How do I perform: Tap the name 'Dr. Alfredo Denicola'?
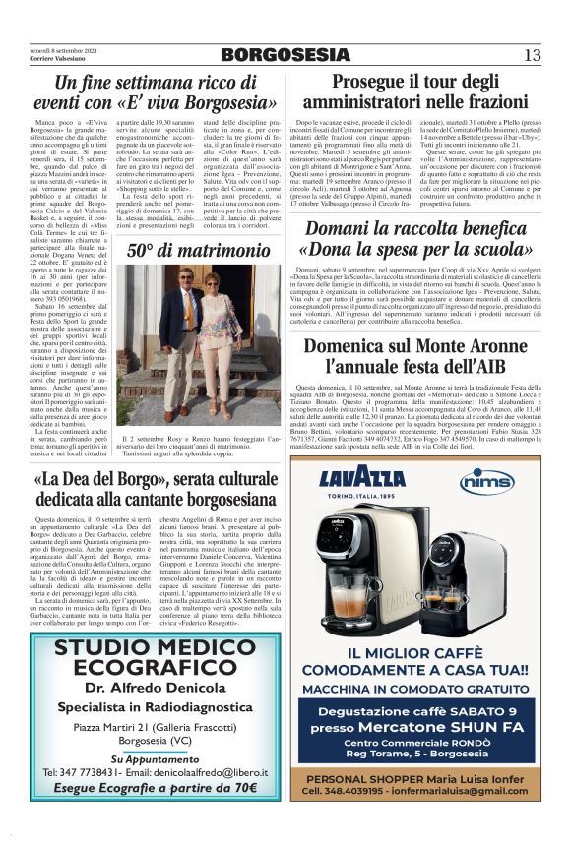pos(143,687)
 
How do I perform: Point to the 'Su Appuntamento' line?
pos(143,758)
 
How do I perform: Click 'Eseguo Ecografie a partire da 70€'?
pos(143,788)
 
